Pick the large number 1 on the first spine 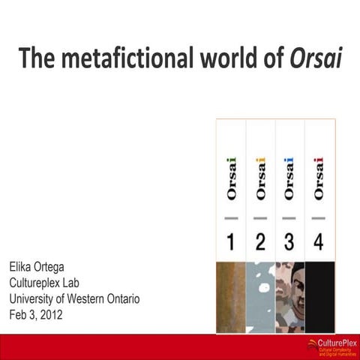point(231,243)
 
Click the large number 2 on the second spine point(261,243)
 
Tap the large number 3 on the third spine point(289,243)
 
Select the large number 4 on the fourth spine point(319,243)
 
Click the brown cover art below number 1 point(231,295)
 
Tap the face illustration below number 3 point(289,295)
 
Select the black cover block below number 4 point(319,295)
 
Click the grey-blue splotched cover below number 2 point(261,295)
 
